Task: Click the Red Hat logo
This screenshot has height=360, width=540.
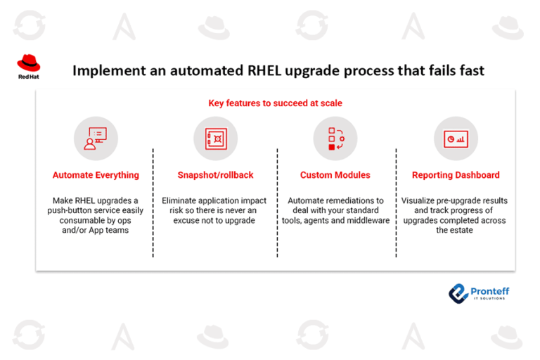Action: pyautogui.click(x=29, y=67)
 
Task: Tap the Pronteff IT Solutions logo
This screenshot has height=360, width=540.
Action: pyautogui.click(x=480, y=292)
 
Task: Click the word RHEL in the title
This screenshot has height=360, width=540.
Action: pyautogui.click(x=282, y=71)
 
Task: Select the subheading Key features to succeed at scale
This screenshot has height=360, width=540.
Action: pyautogui.click(x=275, y=103)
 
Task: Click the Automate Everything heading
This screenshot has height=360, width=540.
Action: pyautogui.click(x=96, y=175)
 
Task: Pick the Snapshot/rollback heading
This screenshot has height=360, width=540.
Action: pyautogui.click(x=214, y=175)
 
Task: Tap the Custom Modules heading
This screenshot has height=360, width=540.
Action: pyautogui.click(x=335, y=175)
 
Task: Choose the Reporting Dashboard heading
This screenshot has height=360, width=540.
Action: pyautogui.click(x=456, y=175)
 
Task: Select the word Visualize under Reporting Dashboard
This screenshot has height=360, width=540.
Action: pyautogui.click(x=423, y=200)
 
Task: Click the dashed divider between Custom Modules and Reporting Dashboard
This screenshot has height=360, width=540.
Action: pyautogui.click(x=396, y=204)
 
